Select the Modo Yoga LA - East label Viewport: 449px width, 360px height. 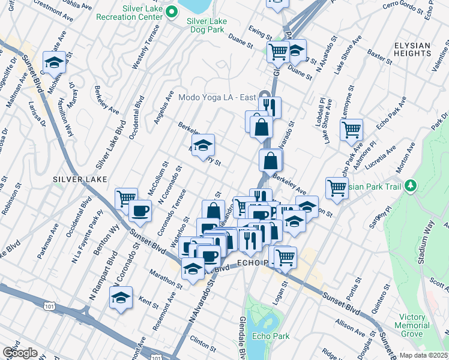point(217,97)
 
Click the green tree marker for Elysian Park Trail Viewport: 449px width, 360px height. point(411,185)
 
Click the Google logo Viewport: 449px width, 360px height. point(19,352)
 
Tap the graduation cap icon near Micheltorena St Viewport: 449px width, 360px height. point(53,62)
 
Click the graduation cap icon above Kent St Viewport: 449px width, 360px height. point(121,298)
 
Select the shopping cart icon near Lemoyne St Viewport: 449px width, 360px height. point(351,128)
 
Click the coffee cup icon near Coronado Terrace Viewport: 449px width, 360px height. point(140,211)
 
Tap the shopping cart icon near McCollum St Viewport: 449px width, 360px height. point(126,198)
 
